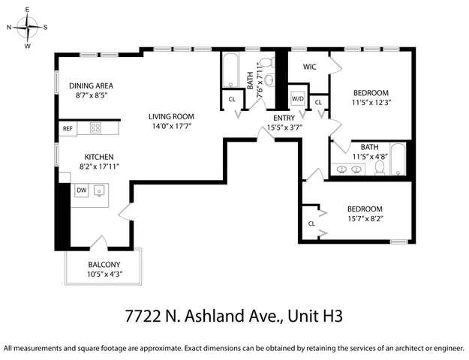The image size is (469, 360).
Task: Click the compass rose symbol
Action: click(28, 28)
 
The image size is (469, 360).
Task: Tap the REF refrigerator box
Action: click(68, 129)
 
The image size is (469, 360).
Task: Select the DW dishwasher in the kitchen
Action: click(82, 190)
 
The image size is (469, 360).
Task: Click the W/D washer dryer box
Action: click(298, 99)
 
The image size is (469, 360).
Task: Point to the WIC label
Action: click(310, 67)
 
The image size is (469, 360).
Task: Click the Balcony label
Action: click(104, 265)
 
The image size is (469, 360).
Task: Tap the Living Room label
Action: click(171, 116)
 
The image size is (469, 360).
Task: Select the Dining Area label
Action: click(91, 85)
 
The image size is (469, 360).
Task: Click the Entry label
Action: click(284, 118)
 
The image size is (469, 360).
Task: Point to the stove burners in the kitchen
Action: click(96, 128)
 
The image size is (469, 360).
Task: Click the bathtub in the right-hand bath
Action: click(398, 159)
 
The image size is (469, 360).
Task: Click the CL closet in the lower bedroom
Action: click(311, 223)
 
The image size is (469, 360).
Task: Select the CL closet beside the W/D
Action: click(318, 102)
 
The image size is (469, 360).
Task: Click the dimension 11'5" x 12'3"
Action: click(371, 102)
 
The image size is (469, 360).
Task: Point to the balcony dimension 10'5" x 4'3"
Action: click(104, 274)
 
